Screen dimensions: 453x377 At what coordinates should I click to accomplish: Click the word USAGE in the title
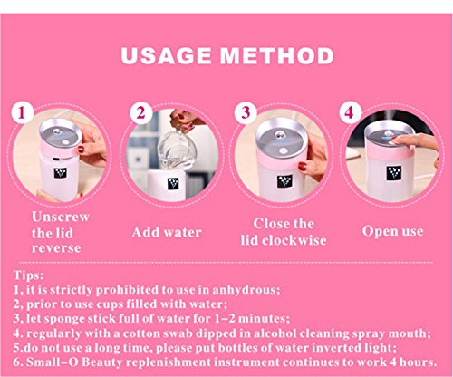(x=166, y=56)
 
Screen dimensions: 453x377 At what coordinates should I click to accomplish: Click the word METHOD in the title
(x=276, y=56)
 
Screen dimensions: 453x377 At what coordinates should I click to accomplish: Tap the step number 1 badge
(x=22, y=112)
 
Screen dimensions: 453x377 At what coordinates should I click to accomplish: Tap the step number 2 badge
(x=141, y=112)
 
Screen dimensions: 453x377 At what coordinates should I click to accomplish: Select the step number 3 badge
(x=246, y=112)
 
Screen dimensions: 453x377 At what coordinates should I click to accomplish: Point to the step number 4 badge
(x=350, y=112)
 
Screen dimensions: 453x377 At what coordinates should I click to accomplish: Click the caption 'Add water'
(x=167, y=232)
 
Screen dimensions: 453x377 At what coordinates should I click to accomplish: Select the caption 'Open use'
(x=392, y=231)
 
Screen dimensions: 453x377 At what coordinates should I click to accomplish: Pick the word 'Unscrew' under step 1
(x=61, y=217)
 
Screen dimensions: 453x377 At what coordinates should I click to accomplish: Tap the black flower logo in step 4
(x=394, y=173)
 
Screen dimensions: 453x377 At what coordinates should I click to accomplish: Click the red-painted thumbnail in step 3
(x=302, y=166)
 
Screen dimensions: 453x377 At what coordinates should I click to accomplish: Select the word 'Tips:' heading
(x=28, y=275)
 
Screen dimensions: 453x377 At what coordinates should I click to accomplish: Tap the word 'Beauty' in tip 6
(x=101, y=362)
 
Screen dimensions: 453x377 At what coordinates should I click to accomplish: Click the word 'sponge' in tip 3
(x=63, y=319)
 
